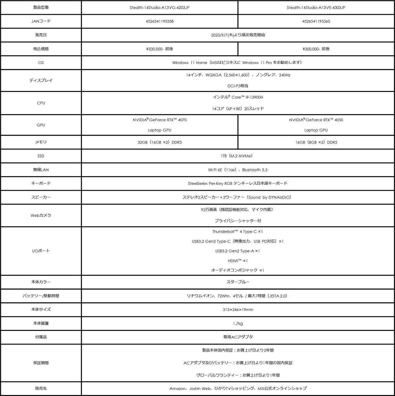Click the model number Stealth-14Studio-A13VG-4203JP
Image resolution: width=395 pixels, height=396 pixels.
click(x=159, y=7)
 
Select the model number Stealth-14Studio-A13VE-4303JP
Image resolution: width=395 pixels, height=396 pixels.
click(x=316, y=7)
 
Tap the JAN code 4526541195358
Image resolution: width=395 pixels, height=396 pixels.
click(x=159, y=21)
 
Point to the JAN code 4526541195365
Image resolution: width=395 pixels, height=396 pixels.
click(x=316, y=21)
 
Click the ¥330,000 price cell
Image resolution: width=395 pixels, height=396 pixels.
click(x=159, y=49)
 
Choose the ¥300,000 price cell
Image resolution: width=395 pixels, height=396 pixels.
click(x=316, y=49)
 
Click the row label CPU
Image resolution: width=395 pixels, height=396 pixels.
click(x=41, y=103)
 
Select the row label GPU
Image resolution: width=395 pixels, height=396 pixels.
click(x=41, y=125)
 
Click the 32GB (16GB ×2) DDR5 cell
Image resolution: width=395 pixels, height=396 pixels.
click(x=159, y=142)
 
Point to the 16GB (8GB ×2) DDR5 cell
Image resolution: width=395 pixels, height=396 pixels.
click(x=316, y=142)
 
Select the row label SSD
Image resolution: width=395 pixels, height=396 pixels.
click(x=41, y=156)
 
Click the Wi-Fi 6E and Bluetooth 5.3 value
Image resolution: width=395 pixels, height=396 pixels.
click(x=238, y=170)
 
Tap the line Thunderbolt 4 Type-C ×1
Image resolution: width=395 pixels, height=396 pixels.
click(x=238, y=231)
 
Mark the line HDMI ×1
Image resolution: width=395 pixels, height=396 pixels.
click(x=238, y=261)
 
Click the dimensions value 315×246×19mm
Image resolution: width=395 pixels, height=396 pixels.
click(x=238, y=310)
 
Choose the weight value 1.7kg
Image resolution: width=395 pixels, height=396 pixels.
click(x=238, y=323)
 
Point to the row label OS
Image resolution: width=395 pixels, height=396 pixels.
click(x=41, y=63)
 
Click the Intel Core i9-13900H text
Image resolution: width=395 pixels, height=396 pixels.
click(x=238, y=97)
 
